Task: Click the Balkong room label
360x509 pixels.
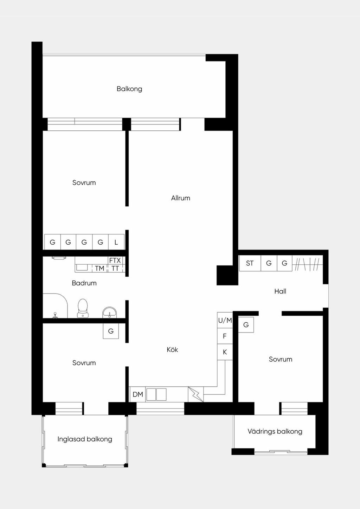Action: point(129,89)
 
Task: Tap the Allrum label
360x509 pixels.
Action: point(180,198)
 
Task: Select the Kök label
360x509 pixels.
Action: point(172,349)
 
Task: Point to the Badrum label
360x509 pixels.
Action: point(84,283)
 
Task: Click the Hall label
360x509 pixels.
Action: point(280,291)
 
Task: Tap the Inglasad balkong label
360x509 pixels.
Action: point(85,439)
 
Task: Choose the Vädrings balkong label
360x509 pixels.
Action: point(275,431)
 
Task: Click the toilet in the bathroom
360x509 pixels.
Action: point(83,308)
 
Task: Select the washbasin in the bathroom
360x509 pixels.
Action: point(110,312)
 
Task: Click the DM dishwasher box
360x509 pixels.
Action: point(137,394)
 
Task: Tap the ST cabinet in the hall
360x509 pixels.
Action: point(250,263)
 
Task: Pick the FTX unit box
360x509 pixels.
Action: point(115,260)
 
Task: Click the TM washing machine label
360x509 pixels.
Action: point(99,268)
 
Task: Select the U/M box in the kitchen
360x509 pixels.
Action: point(225,320)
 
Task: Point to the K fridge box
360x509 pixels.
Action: point(225,352)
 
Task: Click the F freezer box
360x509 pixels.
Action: point(225,336)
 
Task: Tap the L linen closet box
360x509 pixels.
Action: point(116,242)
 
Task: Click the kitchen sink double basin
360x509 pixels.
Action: point(156,394)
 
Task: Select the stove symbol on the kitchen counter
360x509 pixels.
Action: point(196,394)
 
